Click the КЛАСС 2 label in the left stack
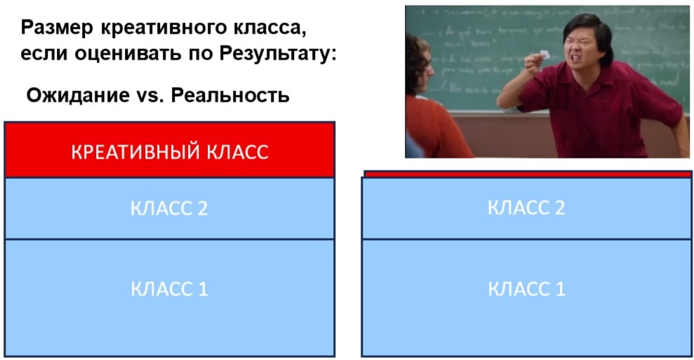[x=169, y=208]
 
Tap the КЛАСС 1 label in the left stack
[x=169, y=289]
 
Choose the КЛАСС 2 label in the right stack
[x=526, y=207]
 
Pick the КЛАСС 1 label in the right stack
[x=526, y=289]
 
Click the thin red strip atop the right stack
[x=526, y=173]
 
